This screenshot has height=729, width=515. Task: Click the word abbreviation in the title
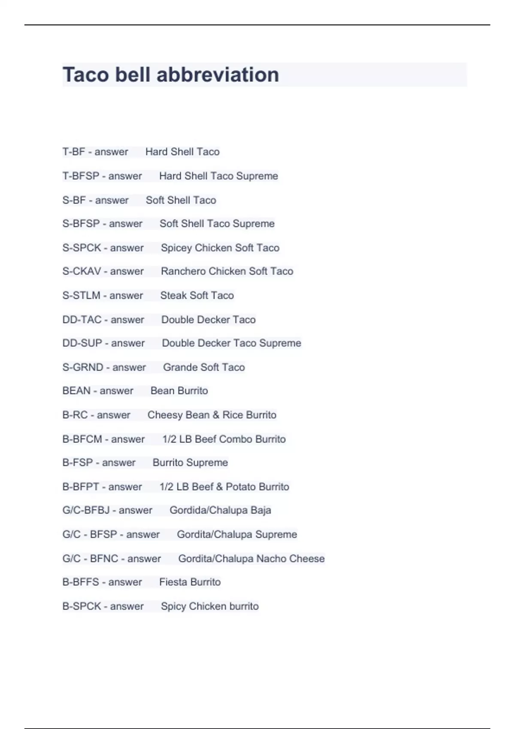pyautogui.click(x=218, y=75)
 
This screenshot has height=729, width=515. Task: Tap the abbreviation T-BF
pyautogui.click(x=74, y=152)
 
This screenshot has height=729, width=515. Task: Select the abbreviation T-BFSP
pyautogui.click(x=81, y=176)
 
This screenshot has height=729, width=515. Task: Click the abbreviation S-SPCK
pyautogui.click(x=82, y=248)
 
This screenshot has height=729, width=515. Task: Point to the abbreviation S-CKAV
pyautogui.click(x=82, y=271)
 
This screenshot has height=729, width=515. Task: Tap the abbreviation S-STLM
pyautogui.click(x=81, y=295)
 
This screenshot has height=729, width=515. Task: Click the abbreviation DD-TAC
pyautogui.click(x=82, y=320)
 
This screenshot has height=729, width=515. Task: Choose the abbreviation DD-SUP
pyautogui.click(x=82, y=343)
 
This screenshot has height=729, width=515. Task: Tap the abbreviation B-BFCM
pyautogui.click(x=82, y=439)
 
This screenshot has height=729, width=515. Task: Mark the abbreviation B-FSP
pyautogui.click(x=78, y=463)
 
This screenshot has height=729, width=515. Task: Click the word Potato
pyautogui.click(x=240, y=487)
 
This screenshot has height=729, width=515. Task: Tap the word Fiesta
pyautogui.click(x=173, y=582)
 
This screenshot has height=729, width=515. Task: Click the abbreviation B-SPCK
pyautogui.click(x=82, y=606)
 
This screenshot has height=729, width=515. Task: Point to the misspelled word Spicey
pyautogui.click(x=176, y=248)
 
